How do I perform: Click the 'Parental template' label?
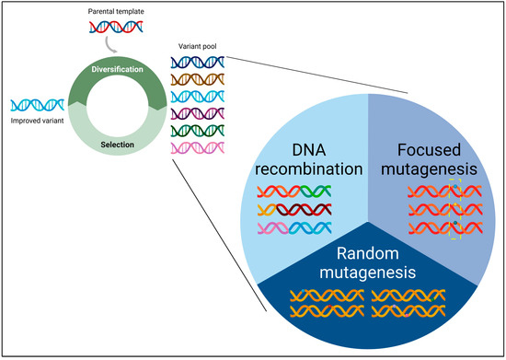(114, 10)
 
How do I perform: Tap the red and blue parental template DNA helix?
(114, 28)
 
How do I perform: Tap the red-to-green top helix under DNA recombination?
(293, 192)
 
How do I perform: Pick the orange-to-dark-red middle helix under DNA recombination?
(293, 210)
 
